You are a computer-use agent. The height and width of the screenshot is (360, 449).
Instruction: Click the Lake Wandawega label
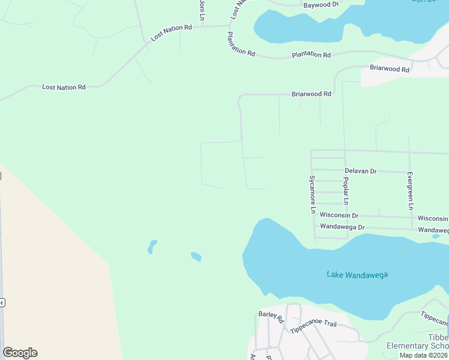[x=357, y=275]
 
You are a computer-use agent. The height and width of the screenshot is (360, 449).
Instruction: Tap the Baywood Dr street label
[x=321, y=5]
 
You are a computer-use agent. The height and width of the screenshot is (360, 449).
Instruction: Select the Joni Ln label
[x=202, y=8]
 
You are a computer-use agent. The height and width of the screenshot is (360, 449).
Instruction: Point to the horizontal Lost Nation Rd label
[x=64, y=88]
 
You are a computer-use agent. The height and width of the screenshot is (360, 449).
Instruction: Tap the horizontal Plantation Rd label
[x=311, y=55]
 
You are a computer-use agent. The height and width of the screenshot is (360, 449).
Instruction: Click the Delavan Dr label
[x=360, y=171]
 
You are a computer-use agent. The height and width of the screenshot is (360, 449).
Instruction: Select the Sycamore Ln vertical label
[x=312, y=194]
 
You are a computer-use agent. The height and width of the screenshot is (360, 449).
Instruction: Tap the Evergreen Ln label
[x=410, y=191]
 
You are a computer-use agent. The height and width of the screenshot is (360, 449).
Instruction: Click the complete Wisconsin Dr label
[x=339, y=215]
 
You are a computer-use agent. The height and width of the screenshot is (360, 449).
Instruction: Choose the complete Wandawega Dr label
[x=342, y=227]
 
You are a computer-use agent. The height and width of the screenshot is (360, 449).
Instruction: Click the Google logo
[x=20, y=353]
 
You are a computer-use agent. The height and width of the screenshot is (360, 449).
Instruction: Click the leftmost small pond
[x=152, y=246]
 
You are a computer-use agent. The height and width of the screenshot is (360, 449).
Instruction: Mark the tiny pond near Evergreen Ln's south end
[x=436, y=236]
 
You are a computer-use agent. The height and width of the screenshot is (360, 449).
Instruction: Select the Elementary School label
[x=417, y=346]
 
